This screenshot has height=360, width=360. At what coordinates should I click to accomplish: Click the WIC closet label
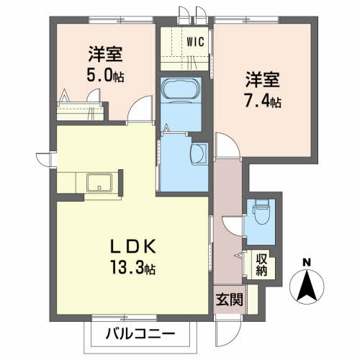tap(194, 41)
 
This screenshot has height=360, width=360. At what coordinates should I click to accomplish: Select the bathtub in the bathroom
tap(182, 90)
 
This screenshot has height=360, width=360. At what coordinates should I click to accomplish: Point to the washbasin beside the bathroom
tap(199, 152)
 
